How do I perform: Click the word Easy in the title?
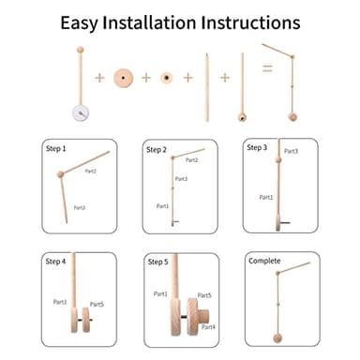tap(82, 22)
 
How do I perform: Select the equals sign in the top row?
tap(265, 69)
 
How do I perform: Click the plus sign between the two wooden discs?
tap(145, 77)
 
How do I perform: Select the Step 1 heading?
tap(57, 148)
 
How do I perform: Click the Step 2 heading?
tap(157, 149)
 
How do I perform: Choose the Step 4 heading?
tap(57, 262)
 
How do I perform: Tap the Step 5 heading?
tap(157, 262)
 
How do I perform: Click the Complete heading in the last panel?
tap(264, 261)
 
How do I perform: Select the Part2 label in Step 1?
tap(91, 172)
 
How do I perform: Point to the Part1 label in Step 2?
tap(162, 205)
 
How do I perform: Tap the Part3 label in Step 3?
tap(292, 151)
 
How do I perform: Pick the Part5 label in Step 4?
tap(97, 304)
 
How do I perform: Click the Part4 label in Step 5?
tap(208, 326)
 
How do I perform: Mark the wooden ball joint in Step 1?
tap(63, 174)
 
